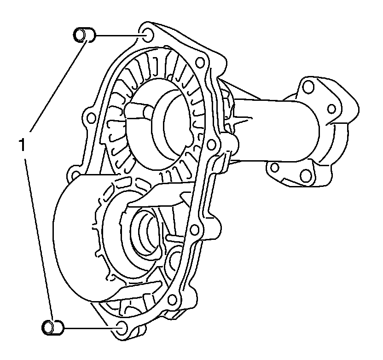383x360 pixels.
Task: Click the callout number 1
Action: (x=22, y=145)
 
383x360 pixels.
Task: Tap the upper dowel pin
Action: (x=84, y=35)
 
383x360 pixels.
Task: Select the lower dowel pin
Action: (x=52, y=327)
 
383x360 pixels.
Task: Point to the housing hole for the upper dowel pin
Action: (x=148, y=35)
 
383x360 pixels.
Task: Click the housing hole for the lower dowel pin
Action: (x=122, y=328)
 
